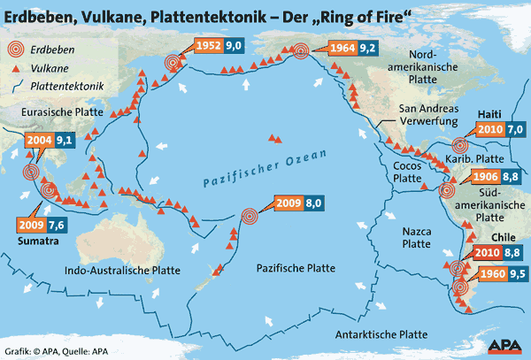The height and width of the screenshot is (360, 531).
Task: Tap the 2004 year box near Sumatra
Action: [x=37, y=140]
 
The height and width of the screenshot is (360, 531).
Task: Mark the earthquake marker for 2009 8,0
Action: [x=250, y=214]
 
